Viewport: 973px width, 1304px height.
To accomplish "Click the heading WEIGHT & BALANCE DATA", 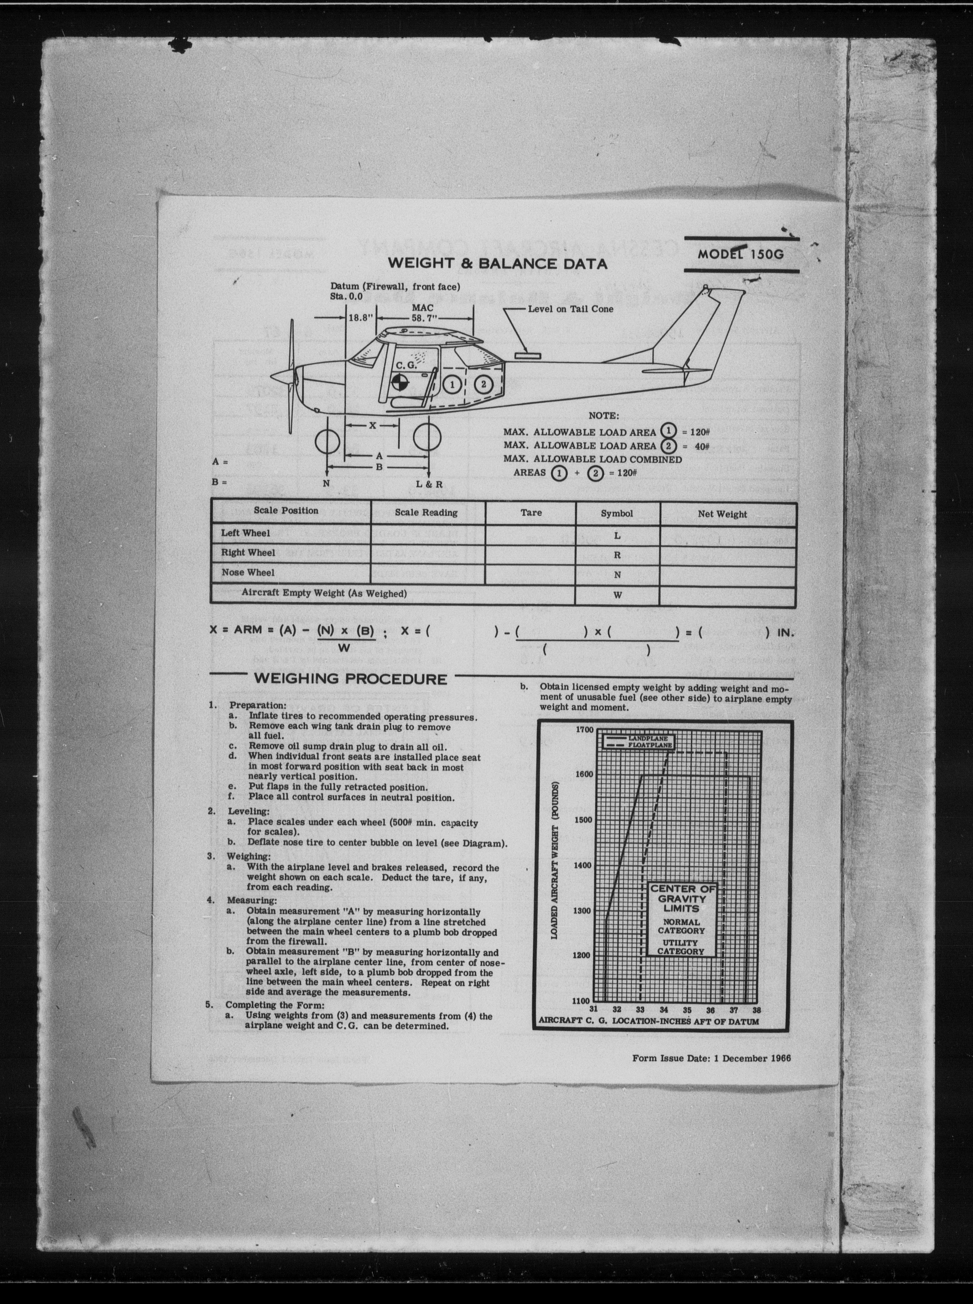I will pyautogui.click(x=497, y=263).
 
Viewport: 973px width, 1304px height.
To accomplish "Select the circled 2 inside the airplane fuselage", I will pyautogui.click(x=483, y=384).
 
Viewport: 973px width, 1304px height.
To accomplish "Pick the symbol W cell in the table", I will pyautogui.click(x=617, y=595).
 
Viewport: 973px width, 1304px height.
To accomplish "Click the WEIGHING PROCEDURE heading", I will pyautogui.click(x=350, y=679).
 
